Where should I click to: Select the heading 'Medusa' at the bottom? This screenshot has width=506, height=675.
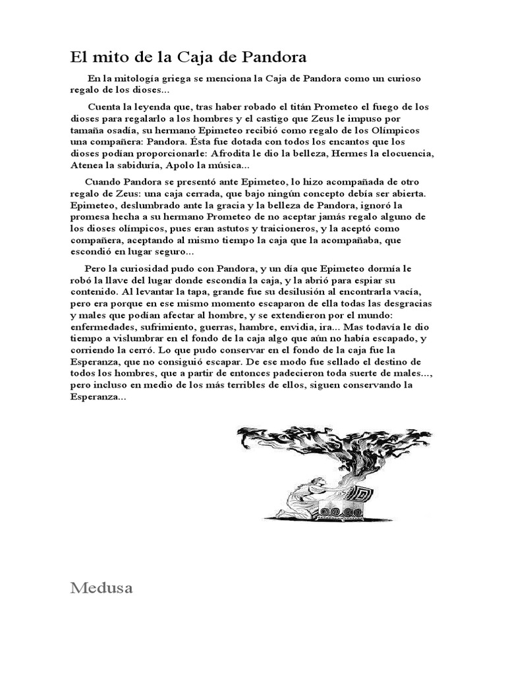101,588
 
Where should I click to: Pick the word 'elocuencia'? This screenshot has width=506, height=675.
413,154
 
